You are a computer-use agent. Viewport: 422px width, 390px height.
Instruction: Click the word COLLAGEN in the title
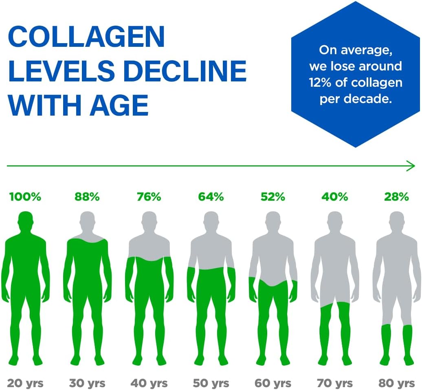pos(86,37)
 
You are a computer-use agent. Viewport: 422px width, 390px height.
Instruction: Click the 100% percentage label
pos(25,197)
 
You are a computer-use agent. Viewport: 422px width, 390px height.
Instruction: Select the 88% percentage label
pos(87,197)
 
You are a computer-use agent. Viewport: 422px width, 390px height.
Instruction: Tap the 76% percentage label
pos(149,197)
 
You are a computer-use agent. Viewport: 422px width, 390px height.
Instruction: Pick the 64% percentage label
pos(211,197)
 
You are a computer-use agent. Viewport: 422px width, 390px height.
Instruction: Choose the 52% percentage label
pos(273,197)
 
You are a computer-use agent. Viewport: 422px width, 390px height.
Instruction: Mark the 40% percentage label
pos(335,197)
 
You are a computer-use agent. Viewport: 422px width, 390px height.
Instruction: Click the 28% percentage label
pos(396,197)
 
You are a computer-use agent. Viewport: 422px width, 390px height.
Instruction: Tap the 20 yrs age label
pos(25,383)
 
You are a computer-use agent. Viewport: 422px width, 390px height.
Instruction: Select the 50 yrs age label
pos(211,383)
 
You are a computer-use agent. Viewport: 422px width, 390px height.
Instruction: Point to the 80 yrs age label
pos(396,383)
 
